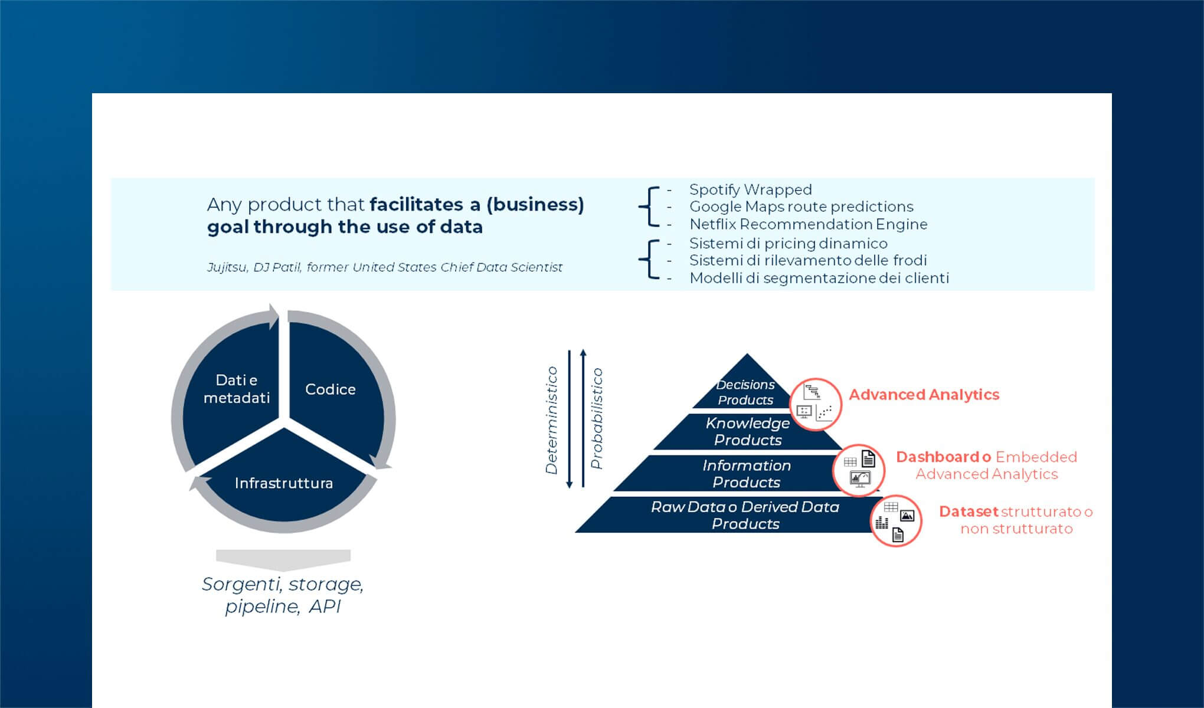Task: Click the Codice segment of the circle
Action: [x=331, y=389]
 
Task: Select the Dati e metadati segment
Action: [x=236, y=389]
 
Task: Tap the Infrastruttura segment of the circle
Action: [x=284, y=483]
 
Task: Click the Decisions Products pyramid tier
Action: [x=745, y=392]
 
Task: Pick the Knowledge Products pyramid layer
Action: [x=747, y=431]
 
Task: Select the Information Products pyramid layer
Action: [x=747, y=474]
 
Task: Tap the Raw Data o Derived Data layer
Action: [x=745, y=515]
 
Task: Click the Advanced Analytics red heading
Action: [x=924, y=395]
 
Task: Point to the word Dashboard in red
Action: [x=937, y=457]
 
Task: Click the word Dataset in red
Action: [x=968, y=512]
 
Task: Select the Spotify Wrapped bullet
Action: [x=750, y=189]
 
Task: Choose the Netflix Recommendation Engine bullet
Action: [x=808, y=224]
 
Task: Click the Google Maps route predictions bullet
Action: [x=801, y=206]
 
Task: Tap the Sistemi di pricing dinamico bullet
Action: [x=788, y=243]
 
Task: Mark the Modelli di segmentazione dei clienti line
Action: [x=819, y=278]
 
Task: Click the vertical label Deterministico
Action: [x=552, y=420]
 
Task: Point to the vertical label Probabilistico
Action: [x=597, y=418]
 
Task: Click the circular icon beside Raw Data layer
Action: [x=895, y=520]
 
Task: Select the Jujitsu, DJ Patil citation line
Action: [x=384, y=267]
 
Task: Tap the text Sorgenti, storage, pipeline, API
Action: [x=283, y=595]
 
